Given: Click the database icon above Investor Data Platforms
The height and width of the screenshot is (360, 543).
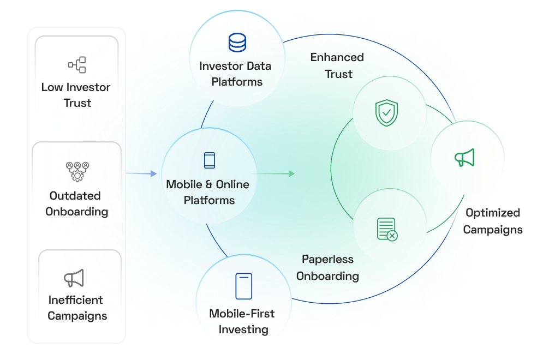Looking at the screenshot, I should (237, 43).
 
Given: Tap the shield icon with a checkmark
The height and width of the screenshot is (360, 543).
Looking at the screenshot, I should (386, 113).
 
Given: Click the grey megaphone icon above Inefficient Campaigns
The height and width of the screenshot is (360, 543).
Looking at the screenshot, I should (74, 278).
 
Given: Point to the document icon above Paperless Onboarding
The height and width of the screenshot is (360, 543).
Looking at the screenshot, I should (387, 229).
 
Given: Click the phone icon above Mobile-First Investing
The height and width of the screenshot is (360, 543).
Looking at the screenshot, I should (243, 286).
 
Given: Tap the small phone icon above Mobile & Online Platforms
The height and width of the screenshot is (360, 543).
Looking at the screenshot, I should (209, 160).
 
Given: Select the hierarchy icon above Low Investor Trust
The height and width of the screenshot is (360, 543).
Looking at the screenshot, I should (76, 65).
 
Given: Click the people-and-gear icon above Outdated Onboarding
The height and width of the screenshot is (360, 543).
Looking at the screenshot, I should (77, 171).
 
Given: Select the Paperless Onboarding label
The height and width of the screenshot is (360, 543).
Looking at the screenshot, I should (327, 267).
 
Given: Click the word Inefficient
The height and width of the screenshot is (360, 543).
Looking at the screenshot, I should (75, 300).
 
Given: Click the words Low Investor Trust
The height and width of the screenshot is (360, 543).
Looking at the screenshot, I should (76, 95).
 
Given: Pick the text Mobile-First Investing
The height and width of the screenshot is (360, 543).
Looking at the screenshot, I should (242, 321).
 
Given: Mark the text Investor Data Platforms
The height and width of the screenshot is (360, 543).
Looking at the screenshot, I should (235, 74).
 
